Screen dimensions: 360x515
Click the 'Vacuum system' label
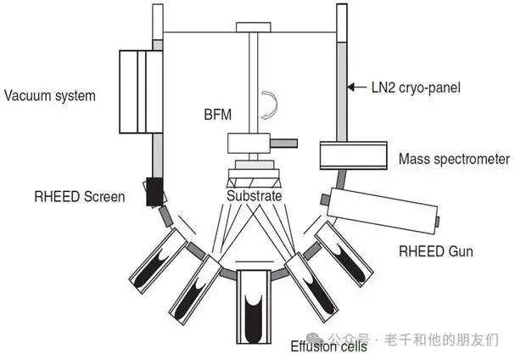coord(50,95)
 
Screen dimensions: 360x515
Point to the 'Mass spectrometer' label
coord(454,159)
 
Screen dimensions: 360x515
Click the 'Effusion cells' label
coord(329,346)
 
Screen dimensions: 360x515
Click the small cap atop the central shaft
coord(253,27)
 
